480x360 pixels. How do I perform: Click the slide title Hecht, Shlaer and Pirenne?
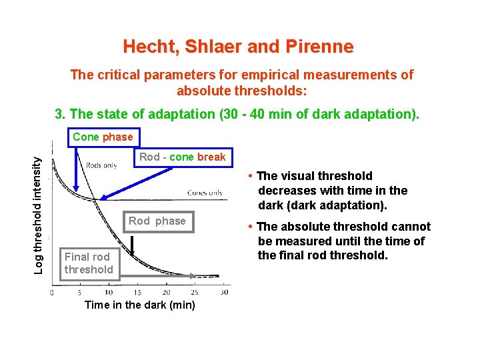[x=238, y=47]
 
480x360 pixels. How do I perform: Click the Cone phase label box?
[x=103, y=137]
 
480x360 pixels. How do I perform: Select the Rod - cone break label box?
[x=182, y=157]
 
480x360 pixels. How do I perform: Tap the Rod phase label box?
[x=157, y=221]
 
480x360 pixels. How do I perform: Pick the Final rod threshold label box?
[x=88, y=263]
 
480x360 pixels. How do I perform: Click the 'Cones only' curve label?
[x=205, y=192]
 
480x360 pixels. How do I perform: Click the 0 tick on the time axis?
[x=53, y=293]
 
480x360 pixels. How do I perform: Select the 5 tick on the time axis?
[x=80, y=293]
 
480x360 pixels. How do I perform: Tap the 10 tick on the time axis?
[x=109, y=293]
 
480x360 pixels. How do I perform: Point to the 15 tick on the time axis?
[x=137, y=293]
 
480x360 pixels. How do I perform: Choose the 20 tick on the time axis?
[x=166, y=293]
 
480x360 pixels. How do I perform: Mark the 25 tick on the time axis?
[x=195, y=293]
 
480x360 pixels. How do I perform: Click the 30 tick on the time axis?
[x=224, y=293]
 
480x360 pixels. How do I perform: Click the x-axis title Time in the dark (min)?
[x=140, y=305]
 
